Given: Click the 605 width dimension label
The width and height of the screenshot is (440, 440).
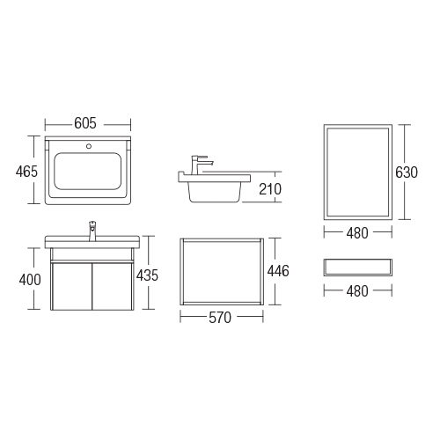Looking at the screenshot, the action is pyautogui.click(x=85, y=123).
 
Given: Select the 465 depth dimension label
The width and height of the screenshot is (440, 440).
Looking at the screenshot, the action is pyautogui.click(x=26, y=172).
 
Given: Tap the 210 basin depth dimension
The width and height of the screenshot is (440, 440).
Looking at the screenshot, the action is pyautogui.click(x=270, y=189).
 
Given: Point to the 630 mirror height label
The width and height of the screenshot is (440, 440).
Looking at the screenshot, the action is pyautogui.click(x=407, y=172).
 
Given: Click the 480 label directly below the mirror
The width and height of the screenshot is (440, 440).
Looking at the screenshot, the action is pyautogui.click(x=357, y=233).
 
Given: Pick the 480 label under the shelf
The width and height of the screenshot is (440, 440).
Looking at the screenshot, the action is pyautogui.click(x=357, y=291).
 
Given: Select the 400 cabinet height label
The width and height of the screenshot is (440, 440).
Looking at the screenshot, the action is pyautogui.click(x=30, y=280).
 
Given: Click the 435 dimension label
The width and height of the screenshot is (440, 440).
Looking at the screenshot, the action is pyautogui.click(x=147, y=275).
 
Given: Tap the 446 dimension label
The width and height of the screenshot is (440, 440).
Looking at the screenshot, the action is pyautogui.click(x=278, y=271).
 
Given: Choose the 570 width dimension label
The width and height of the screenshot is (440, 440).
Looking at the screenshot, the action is pyautogui.click(x=220, y=318).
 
